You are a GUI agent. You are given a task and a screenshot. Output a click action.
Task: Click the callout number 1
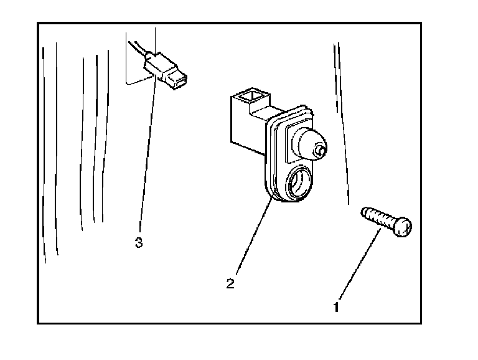click(x=337, y=306)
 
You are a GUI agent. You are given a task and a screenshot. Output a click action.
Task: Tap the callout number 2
click(x=230, y=284)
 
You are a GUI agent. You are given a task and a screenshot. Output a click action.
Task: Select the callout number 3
click(x=139, y=242)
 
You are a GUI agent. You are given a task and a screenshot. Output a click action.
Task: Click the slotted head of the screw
click(x=403, y=227)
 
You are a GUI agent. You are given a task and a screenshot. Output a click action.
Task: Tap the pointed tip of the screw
click(x=362, y=212)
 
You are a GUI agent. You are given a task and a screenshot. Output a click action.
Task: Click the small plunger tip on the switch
click(x=321, y=150)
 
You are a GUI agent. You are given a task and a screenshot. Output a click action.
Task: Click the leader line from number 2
click(x=252, y=237)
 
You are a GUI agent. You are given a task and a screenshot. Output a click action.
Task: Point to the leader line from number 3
click(x=147, y=156)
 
